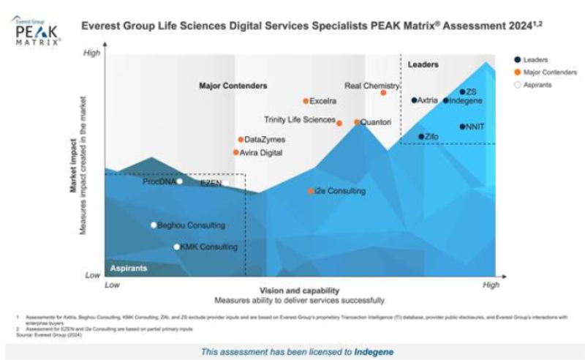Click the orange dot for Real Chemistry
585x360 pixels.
(x=383, y=93)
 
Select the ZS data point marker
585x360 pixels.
(x=463, y=92)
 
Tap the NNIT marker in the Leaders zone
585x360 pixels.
(x=463, y=127)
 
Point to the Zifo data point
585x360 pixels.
(x=421, y=137)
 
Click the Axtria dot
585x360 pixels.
(x=415, y=100)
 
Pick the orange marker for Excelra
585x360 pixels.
(x=306, y=101)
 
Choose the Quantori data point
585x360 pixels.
(x=358, y=122)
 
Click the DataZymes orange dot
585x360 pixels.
(x=241, y=140)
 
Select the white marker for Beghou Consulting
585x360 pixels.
(x=154, y=225)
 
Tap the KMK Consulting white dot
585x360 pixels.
(x=176, y=247)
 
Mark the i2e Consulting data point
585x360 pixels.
(x=311, y=191)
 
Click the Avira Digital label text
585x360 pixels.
(x=261, y=153)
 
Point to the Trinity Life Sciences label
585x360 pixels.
(x=300, y=119)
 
